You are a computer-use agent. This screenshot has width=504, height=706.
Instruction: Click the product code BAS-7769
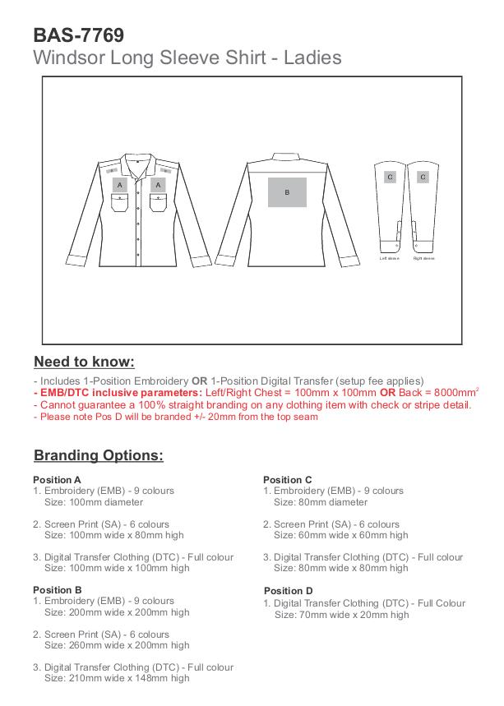point(79,35)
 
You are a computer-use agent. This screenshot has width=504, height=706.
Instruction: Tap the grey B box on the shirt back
point(287,192)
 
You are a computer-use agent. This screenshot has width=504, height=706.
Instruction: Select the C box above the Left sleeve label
point(390,177)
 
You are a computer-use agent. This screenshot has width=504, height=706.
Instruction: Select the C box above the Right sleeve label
point(423,177)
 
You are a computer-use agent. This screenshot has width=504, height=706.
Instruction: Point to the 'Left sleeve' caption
point(389,259)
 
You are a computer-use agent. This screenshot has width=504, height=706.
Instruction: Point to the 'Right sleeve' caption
point(423,259)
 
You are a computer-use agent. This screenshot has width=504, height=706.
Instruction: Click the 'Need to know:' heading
point(84,362)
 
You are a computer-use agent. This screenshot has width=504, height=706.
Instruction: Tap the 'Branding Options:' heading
point(99,455)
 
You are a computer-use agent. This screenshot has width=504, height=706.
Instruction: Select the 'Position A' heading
point(57,480)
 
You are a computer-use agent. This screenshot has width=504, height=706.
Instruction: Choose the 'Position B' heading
point(57,590)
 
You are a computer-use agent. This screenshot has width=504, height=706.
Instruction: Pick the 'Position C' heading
point(288,480)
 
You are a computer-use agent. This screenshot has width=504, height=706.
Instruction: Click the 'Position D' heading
point(289,591)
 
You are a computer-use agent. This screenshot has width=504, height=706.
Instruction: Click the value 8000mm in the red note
point(455,393)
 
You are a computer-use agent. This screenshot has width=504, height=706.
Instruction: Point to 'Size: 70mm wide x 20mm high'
point(341,615)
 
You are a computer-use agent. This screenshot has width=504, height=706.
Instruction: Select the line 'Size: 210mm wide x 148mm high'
point(117,678)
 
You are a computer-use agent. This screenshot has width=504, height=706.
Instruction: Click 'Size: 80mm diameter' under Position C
point(321,502)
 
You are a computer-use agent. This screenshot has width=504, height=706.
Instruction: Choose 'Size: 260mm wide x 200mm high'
point(117,645)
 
